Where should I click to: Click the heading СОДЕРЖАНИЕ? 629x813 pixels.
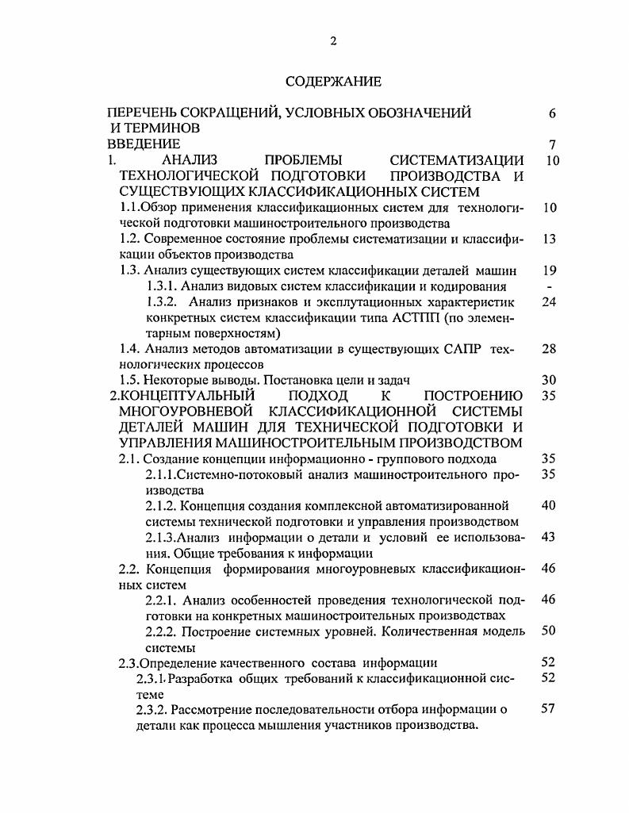[x=333, y=82]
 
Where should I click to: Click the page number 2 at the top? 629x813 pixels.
[x=333, y=42]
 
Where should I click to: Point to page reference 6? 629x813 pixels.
[x=551, y=113]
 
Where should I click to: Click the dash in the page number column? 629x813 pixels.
[x=550, y=286]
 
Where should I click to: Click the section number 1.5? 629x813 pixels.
[x=128, y=380]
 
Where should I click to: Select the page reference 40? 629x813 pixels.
[x=547, y=505]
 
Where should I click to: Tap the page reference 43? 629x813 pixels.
[x=547, y=537]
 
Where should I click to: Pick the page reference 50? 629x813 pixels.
[x=547, y=631]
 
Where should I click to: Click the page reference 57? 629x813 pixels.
[x=547, y=709]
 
